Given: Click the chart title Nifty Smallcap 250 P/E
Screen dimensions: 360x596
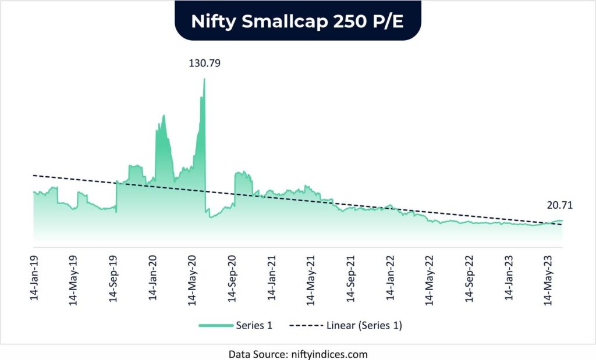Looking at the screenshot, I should [x=297, y=20].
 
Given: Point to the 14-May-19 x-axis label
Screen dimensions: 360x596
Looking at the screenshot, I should [x=73, y=277].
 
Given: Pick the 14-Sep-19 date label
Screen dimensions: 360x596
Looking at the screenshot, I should [x=113, y=277].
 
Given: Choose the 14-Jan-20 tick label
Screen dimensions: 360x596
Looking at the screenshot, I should [x=153, y=277].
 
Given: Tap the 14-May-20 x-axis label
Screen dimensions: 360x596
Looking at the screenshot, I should [x=193, y=277].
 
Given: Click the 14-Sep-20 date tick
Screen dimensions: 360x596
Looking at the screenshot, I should [x=233, y=277].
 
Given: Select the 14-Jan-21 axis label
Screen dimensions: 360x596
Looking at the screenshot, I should [x=272, y=277].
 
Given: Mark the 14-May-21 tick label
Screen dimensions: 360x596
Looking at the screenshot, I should [x=312, y=277].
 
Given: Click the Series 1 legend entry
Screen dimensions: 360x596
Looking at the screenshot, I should [x=236, y=326].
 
